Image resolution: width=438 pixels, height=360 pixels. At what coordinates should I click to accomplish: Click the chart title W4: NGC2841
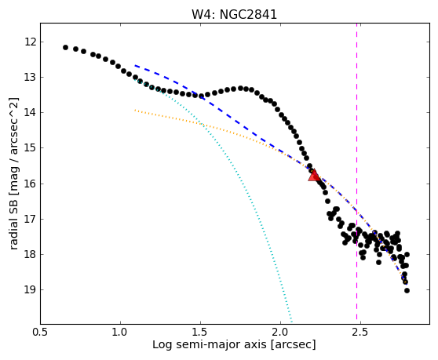pyautogui.click(x=234, y=14)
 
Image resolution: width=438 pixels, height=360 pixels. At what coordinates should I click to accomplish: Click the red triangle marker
pyautogui.click(x=314, y=175)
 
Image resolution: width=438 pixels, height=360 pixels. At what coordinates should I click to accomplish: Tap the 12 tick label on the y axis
pyautogui.click(x=31, y=42)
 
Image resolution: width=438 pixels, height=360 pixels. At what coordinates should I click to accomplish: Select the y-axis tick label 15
pyautogui.click(x=31, y=148)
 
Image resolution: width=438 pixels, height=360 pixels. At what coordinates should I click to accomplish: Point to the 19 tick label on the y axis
pyautogui.click(x=31, y=289)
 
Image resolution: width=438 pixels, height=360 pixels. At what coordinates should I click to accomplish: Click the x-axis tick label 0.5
pyautogui.click(x=40, y=332)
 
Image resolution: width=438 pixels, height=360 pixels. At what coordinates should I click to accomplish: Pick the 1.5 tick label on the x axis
pyautogui.click(x=200, y=332)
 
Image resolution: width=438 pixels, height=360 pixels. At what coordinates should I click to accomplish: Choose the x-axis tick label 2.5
pyautogui.click(x=360, y=332)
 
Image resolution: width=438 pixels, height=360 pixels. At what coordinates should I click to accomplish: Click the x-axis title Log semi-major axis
pyautogui.click(x=210, y=345)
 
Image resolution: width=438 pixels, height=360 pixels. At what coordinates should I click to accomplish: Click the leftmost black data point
pyautogui.click(x=65, y=47)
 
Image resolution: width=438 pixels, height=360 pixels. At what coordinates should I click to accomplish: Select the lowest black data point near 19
pyautogui.click(x=407, y=290)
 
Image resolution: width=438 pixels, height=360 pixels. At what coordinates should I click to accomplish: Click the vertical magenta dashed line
pyautogui.click(x=356, y=173)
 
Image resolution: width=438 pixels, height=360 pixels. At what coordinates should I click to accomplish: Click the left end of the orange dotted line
pyautogui.click(x=135, y=110)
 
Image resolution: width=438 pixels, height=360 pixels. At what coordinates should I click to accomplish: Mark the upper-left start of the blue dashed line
pyautogui.click(x=135, y=65)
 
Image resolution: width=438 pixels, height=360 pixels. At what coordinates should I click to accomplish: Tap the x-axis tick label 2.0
pyautogui.click(x=280, y=332)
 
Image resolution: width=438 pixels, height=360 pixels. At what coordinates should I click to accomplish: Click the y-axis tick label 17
pyautogui.click(x=31, y=219)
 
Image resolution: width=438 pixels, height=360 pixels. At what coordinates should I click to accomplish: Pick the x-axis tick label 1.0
pyautogui.click(x=120, y=332)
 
